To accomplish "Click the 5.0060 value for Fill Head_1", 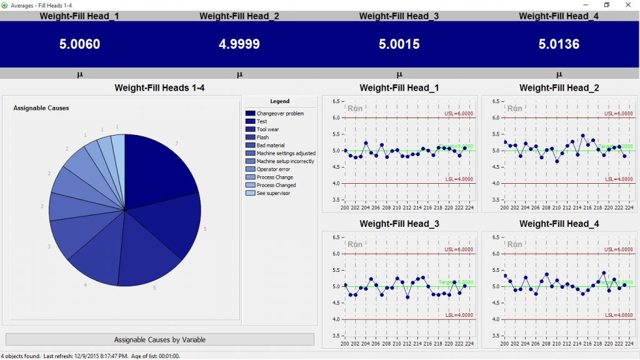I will (x=79, y=44).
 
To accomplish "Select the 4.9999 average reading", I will (x=239, y=44).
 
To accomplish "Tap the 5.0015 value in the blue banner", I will (x=399, y=44).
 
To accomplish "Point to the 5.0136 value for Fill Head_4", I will (x=559, y=44).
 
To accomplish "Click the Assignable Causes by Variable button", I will (x=159, y=339).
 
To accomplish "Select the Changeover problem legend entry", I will (x=280, y=113).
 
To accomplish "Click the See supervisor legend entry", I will (x=273, y=193).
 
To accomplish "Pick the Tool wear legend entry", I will (x=268, y=129).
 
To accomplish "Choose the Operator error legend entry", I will (x=273, y=169).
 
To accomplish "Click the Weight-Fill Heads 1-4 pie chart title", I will (x=159, y=88).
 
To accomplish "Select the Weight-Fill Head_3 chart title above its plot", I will (x=399, y=224).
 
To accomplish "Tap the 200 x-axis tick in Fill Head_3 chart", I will (x=345, y=344).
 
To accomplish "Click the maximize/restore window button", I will (x=606, y=5).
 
